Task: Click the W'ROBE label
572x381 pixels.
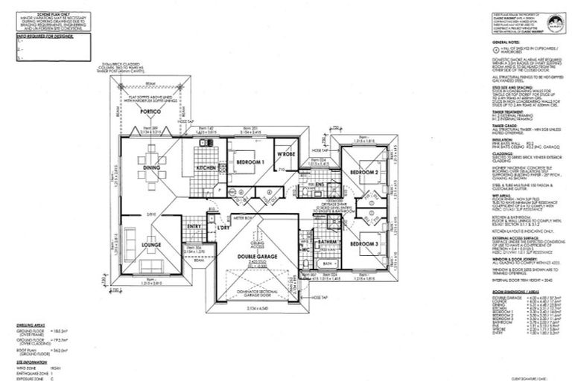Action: click(x=287, y=156)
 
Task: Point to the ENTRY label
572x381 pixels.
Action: click(x=194, y=226)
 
